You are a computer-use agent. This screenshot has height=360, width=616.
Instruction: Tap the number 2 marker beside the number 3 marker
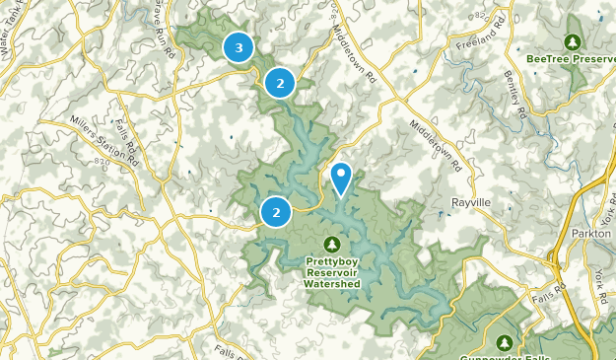[x=280, y=84]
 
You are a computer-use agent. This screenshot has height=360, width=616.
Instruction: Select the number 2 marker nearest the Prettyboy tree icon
[x=276, y=211]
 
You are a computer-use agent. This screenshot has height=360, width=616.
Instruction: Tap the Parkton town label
[x=591, y=234]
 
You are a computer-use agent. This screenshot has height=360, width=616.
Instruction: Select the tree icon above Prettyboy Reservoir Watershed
[x=331, y=244]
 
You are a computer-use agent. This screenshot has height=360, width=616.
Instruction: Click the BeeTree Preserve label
[x=571, y=59]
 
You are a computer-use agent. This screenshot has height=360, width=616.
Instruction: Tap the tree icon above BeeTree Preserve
[x=572, y=41]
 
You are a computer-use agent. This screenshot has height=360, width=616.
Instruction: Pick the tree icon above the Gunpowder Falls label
[x=505, y=342]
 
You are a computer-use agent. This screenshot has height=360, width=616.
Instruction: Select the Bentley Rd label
[x=513, y=95]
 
